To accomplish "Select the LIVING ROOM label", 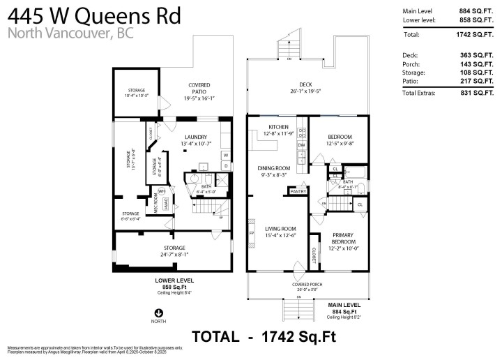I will pos(280,228).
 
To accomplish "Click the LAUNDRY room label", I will pos(195,137).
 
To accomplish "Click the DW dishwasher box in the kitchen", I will pos(301,145).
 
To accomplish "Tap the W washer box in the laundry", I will pos(225,155).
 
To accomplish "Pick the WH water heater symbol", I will pos(161,190).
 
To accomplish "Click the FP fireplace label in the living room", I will pos(252,233).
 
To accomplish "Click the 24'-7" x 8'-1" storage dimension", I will pos(174,255).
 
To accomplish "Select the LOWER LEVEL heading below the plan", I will pos(174,280).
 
